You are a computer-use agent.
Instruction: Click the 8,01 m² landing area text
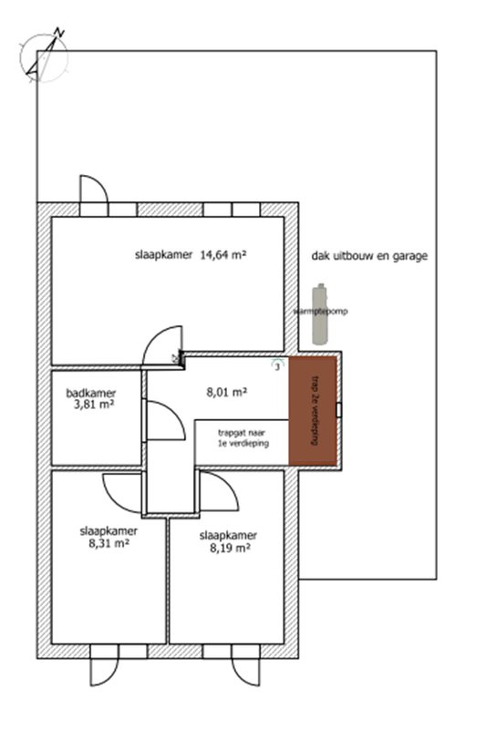click(x=228, y=393)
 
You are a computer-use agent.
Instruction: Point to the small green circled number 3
click(x=277, y=365)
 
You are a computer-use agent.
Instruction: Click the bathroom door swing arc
click(x=162, y=420)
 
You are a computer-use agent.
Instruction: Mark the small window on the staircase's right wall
click(x=340, y=410)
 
